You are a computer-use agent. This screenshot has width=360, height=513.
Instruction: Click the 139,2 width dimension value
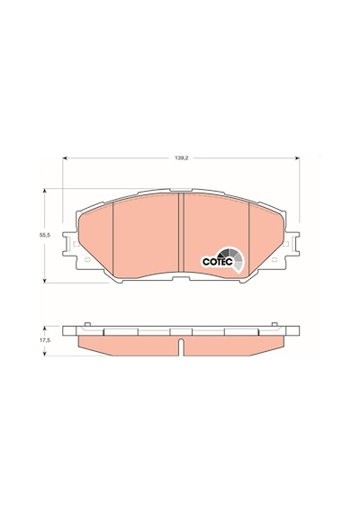point(181,158)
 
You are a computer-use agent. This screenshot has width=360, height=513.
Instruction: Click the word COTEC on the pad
point(217,262)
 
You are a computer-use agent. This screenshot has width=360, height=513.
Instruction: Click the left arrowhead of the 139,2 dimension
point(65,158)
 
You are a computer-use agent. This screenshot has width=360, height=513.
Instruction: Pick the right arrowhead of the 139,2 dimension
point(297,158)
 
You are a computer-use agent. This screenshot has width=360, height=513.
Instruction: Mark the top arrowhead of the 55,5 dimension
point(45,191)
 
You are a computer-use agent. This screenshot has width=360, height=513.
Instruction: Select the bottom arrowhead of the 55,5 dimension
point(45,280)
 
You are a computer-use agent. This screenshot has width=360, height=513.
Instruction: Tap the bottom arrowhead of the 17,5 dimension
point(45,354)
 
